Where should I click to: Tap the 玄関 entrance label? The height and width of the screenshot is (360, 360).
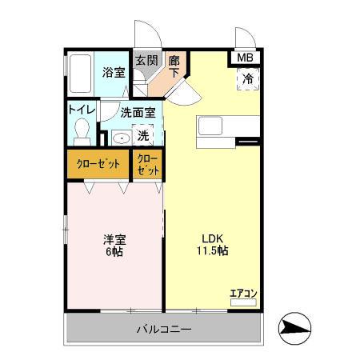(143, 61)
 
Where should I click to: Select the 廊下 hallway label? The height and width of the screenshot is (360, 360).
(173, 66)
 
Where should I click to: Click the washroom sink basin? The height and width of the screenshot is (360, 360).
(119, 138)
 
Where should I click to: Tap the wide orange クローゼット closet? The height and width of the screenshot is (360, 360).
(98, 164)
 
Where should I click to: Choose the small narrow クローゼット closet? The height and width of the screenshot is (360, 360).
(148, 164)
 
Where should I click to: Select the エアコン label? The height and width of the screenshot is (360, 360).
(242, 294)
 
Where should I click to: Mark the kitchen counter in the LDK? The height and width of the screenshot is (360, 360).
(228, 127)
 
